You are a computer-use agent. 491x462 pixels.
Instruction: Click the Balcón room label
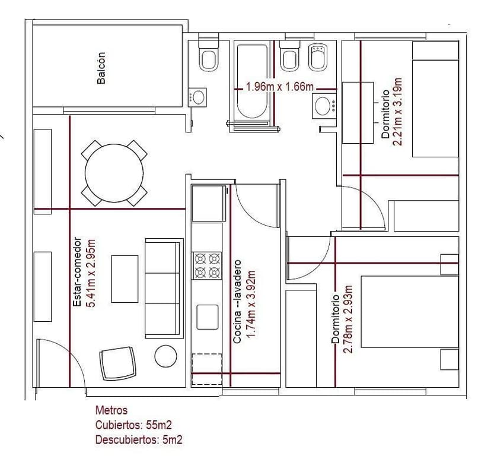(101, 68)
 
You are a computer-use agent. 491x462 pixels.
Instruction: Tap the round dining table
(114, 173)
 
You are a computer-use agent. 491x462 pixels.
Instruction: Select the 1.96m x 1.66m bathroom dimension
(280, 87)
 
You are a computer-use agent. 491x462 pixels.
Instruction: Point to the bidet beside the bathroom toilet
(318, 57)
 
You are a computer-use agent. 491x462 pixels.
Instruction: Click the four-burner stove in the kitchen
(207, 265)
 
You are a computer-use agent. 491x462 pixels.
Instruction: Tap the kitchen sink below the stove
(208, 317)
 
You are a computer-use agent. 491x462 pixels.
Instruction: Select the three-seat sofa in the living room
(164, 288)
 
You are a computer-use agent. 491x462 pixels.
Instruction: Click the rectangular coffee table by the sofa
(125, 279)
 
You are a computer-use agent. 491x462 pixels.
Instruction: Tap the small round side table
(165, 356)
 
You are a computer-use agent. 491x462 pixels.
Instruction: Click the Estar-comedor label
(77, 271)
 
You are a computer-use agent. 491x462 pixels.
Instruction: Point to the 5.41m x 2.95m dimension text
(91, 273)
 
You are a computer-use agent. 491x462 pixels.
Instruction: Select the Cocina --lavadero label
(237, 302)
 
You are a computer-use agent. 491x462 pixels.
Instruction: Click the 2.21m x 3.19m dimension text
(397, 112)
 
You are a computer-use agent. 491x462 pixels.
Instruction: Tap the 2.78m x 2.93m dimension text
(348, 319)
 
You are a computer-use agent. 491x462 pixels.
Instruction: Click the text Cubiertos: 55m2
(133, 425)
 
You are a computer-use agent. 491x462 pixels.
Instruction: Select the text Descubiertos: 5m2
(139, 439)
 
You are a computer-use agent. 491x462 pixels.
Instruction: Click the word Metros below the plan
(111, 410)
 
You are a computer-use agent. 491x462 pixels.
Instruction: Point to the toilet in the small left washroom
(209, 55)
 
